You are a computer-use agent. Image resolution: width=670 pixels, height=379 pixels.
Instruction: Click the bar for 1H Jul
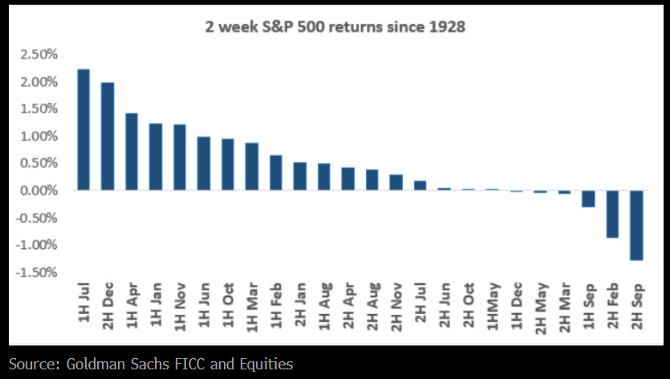click(x=83, y=130)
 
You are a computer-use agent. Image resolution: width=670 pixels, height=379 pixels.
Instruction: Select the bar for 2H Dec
click(x=108, y=137)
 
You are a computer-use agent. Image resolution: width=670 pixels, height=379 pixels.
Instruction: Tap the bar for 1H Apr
click(x=132, y=152)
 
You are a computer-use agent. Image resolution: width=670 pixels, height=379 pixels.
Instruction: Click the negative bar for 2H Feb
click(x=612, y=214)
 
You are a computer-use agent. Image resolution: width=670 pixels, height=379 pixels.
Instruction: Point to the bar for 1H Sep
click(x=588, y=198)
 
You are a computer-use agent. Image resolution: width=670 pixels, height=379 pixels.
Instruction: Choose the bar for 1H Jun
click(x=204, y=164)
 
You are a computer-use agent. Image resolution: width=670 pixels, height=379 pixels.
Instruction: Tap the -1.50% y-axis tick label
click(x=39, y=272)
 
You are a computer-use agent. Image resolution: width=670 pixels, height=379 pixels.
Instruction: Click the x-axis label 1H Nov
click(x=181, y=307)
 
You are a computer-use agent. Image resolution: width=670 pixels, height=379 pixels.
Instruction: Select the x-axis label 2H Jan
click(x=301, y=307)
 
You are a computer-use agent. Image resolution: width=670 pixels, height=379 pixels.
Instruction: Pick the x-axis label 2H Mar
click(x=565, y=307)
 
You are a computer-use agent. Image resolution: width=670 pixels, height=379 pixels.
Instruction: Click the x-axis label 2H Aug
click(x=372, y=307)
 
